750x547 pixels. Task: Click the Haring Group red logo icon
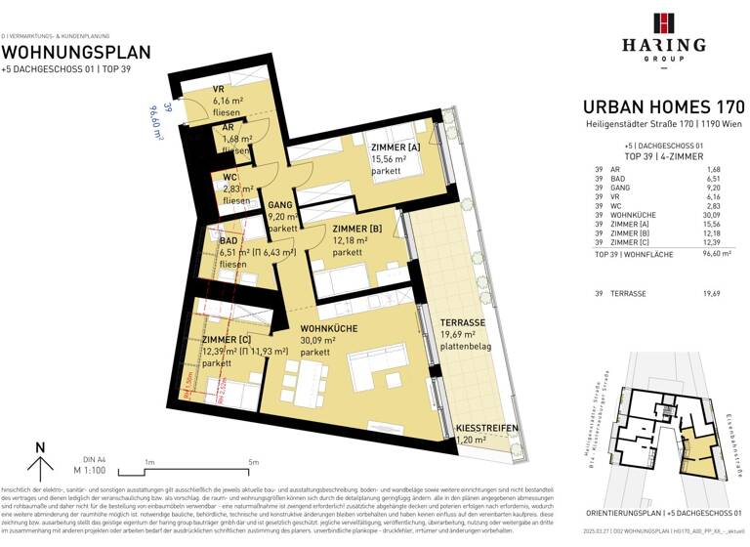[664, 24]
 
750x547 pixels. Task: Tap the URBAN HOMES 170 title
[663, 106]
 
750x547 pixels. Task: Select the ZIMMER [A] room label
[396, 147]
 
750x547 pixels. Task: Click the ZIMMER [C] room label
[226, 339]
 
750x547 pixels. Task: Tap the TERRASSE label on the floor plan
[462, 322]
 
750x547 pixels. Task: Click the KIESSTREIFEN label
[486, 429]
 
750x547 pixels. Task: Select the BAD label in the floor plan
[229, 240]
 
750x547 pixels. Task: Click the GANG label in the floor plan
[281, 206]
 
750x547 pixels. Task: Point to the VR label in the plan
[219, 89]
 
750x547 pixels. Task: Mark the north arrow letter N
[38, 448]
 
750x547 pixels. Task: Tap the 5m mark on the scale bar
[254, 461]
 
